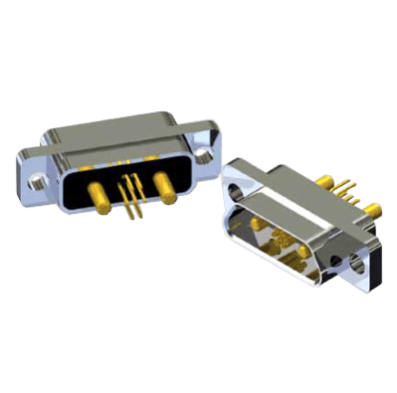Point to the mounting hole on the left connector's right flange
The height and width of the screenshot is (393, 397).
click(205, 154)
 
